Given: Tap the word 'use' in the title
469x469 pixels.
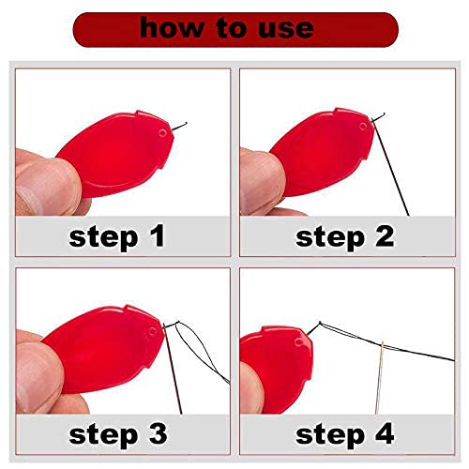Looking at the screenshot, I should (x=280, y=28).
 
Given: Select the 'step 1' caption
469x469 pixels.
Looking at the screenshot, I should (x=117, y=235).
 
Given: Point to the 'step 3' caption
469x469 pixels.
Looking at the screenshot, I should (x=117, y=433).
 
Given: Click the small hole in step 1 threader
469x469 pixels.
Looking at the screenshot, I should (x=165, y=133).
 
